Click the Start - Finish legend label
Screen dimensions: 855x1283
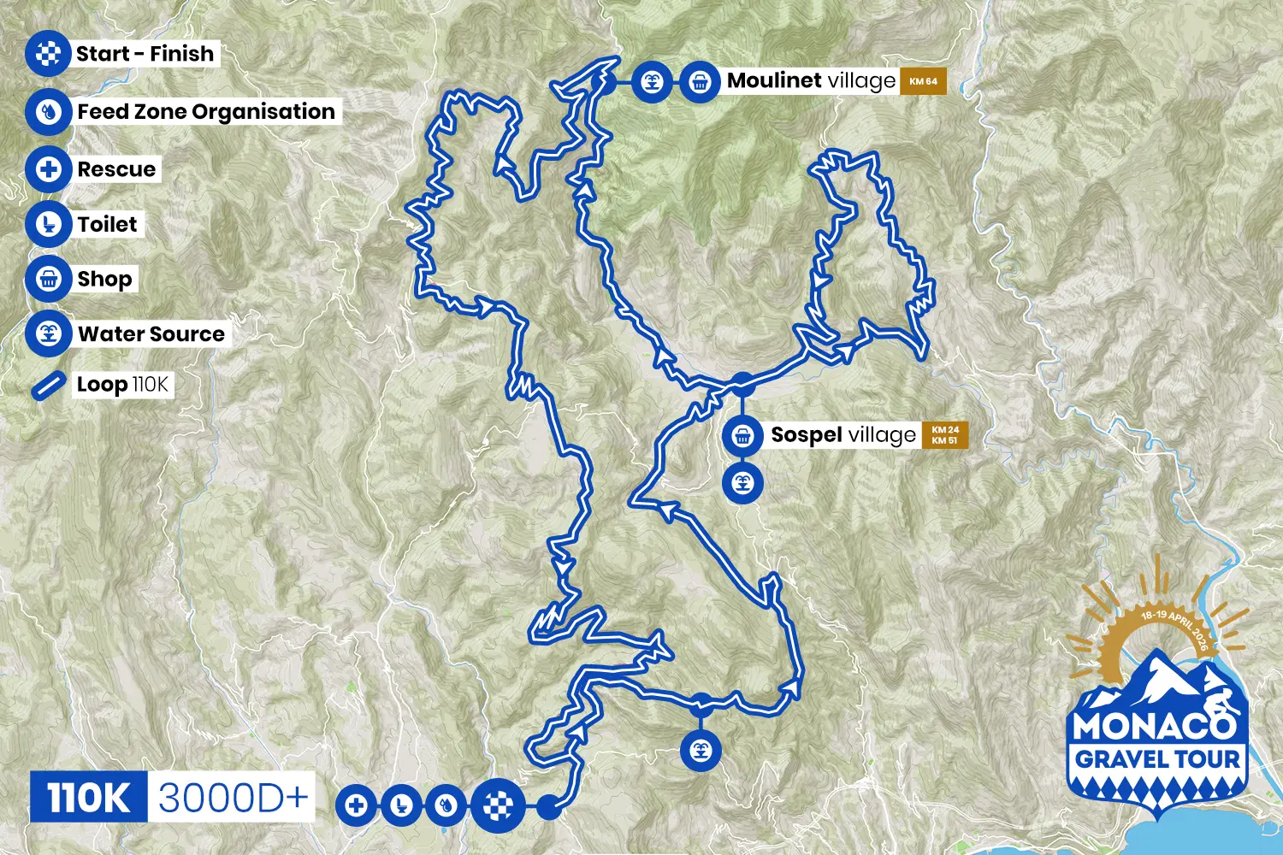point(145,54)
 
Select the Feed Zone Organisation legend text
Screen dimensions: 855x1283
point(206,112)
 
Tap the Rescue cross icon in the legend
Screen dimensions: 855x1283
point(48,169)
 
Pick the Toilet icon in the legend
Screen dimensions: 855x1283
point(48,225)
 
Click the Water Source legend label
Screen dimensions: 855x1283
point(151,334)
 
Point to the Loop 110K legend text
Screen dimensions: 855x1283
point(122,385)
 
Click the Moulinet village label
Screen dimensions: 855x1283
point(810,81)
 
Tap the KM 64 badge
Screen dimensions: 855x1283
point(923,82)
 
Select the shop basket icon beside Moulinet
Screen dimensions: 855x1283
point(700,83)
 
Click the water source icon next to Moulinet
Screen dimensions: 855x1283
point(653,83)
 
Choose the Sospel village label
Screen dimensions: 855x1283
point(843,435)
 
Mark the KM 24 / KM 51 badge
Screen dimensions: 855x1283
point(944,435)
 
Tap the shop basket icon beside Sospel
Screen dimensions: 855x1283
point(742,435)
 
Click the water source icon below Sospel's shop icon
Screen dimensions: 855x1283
point(742,483)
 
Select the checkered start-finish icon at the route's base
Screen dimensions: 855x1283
point(499,805)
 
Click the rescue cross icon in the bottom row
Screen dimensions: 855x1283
point(357,805)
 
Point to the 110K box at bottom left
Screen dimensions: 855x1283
point(89,798)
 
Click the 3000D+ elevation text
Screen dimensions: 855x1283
point(232,798)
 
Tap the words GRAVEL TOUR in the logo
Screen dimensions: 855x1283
point(1156,759)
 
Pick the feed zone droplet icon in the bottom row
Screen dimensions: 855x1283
point(446,805)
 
